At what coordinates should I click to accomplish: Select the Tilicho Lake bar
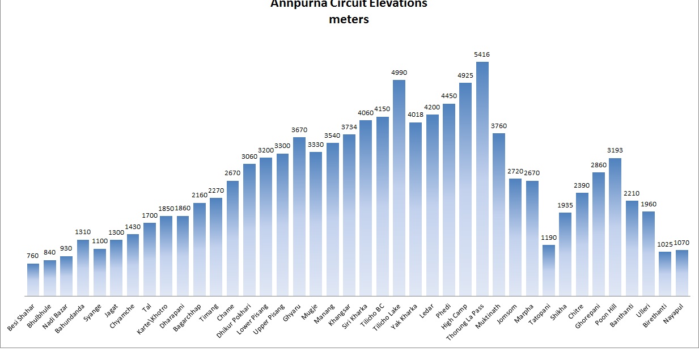click(x=399, y=188)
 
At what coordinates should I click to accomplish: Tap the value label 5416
click(x=482, y=54)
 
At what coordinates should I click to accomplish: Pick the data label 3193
click(x=615, y=151)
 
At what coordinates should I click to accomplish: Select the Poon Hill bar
click(x=615, y=227)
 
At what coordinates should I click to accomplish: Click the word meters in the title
click(x=349, y=19)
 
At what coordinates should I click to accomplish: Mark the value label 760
click(x=33, y=256)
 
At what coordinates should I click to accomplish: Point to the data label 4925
click(x=465, y=75)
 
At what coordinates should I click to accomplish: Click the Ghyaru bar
click(x=299, y=216)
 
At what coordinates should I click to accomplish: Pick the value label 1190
click(x=549, y=237)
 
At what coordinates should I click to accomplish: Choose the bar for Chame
click(x=232, y=238)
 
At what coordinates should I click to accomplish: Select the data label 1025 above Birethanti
click(x=665, y=244)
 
